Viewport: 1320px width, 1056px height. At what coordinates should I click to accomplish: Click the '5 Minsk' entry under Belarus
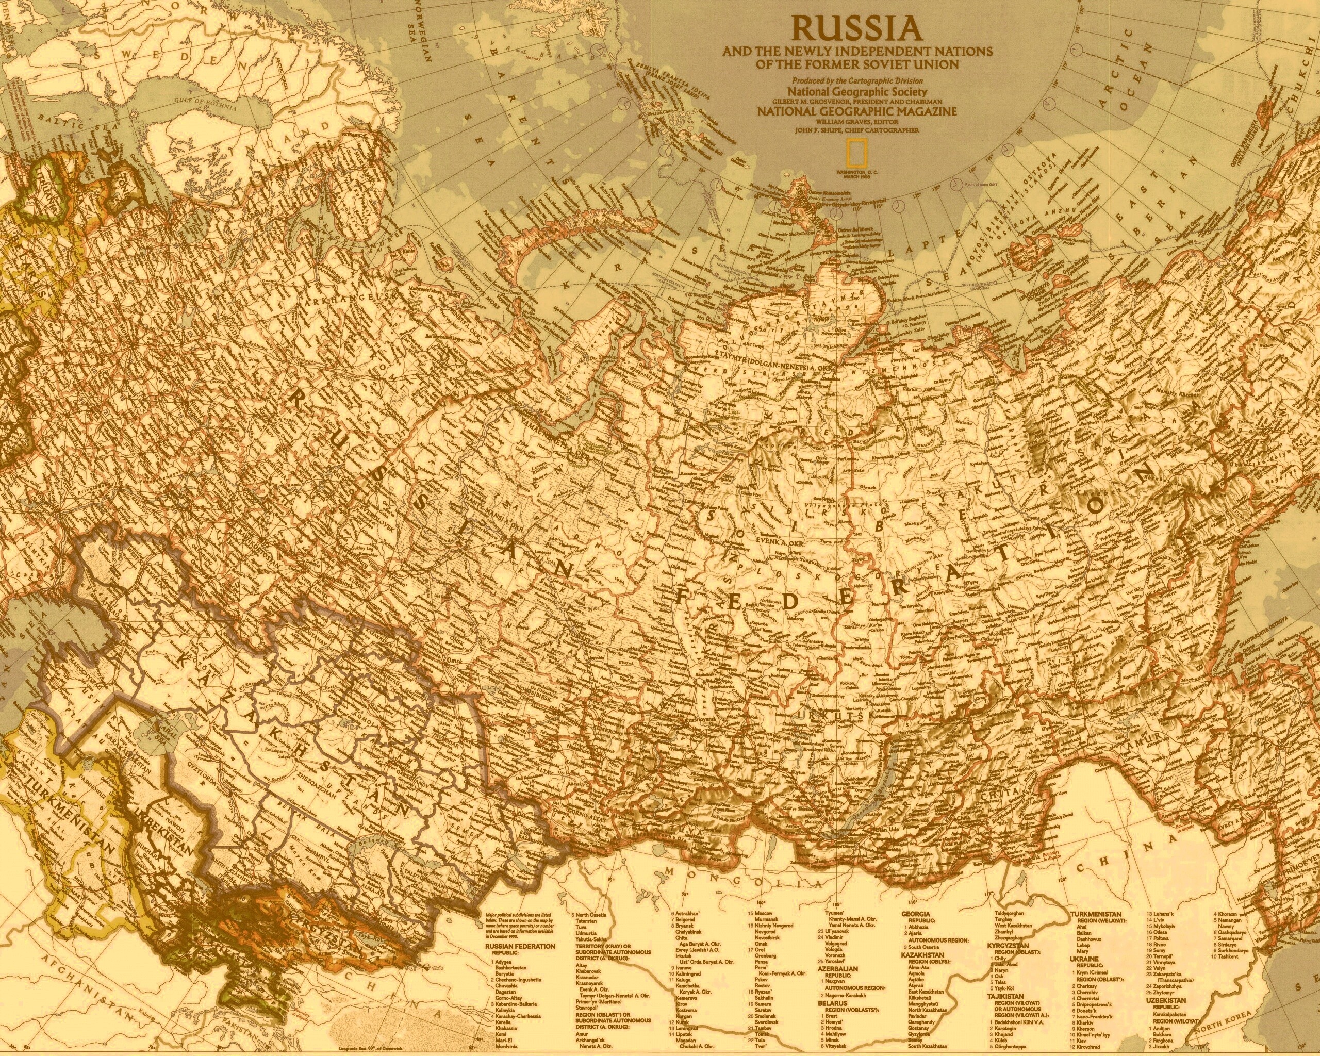coord(829,1039)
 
